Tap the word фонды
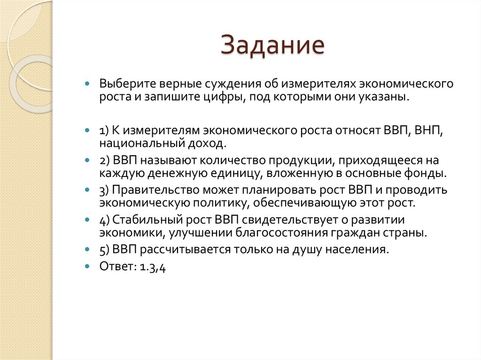click(x=428, y=173)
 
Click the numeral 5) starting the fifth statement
click(x=104, y=249)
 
